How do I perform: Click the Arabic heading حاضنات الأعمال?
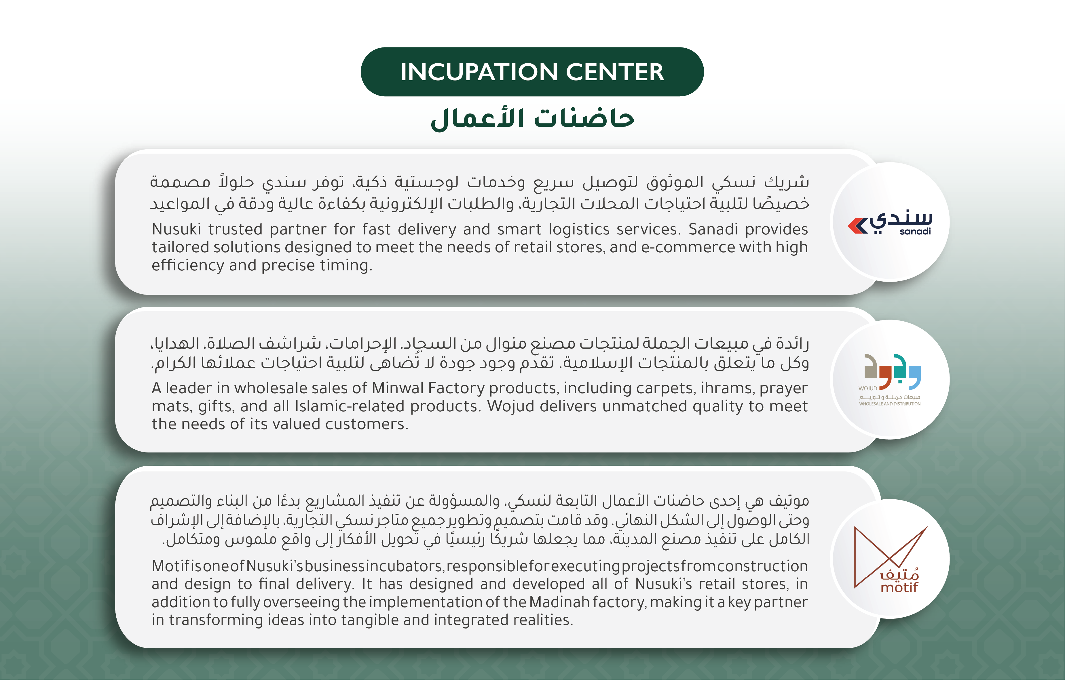[x=533, y=119]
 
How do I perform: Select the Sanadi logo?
[x=890, y=222]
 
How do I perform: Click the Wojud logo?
[x=890, y=379]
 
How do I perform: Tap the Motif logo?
[x=890, y=559]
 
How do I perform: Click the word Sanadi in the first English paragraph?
[x=713, y=229]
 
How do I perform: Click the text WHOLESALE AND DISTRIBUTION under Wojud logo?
[x=890, y=404]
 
